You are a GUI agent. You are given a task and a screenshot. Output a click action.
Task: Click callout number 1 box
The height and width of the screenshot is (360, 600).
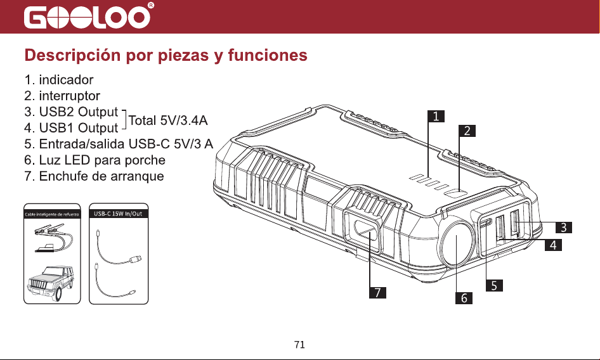pyautogui.click(x=436, y=116)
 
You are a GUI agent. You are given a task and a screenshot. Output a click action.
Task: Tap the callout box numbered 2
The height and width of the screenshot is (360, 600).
pyautogui.click(x=467, y=131)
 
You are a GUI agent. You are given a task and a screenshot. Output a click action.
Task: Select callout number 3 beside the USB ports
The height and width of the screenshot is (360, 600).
pyautogui.click(x=564, y=228)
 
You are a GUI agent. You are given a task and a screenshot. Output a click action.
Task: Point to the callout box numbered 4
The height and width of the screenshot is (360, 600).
pyautogui.click(x=553, y=245)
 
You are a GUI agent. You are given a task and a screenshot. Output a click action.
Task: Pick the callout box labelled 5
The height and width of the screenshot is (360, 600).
pyautogui.click(x=494, y=285)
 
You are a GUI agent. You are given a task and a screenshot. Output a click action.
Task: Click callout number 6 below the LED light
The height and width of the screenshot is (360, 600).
pyautogui.click(x=464, y=298)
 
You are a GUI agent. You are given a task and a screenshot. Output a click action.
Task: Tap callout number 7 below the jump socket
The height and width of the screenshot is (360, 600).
pyautogui.click(x=377, y=292)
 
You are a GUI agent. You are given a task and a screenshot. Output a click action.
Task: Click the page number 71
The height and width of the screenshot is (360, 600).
pyautogui.click(x=299, y=345)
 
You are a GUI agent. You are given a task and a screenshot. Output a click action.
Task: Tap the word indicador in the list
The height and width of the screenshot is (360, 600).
pyautogui.click(x=66, y=80)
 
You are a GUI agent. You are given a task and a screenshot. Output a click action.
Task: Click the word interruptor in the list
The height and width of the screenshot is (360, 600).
pyautogui.click(x=70, y=96)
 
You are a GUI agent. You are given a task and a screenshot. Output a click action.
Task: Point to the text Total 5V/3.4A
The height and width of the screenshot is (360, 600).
pyautogui.click(x=168, y=120)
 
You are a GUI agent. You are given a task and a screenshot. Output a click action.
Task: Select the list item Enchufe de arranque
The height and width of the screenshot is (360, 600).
pyautogui.click(x=94, y=176)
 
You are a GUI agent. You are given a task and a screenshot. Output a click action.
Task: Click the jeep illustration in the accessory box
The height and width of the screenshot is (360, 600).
pyautogui.click(x=51, y=282)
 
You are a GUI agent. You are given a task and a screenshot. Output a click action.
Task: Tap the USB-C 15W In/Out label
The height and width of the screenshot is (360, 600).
pyautogui.click(x=118, y=214)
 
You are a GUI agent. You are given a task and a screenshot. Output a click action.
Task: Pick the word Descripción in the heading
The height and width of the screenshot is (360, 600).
pyautogui.click(x=73, y=55)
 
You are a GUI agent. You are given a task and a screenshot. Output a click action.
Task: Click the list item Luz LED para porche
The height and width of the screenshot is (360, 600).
pyautogui.click(x=95, y=160)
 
